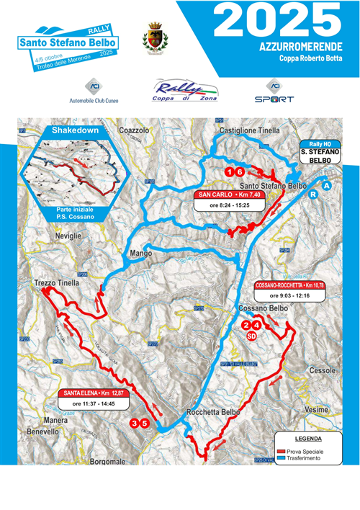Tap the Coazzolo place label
pos(135,130)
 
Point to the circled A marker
pos(328,186)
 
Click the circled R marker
pos(313,194)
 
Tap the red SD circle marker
pos(252,336)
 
